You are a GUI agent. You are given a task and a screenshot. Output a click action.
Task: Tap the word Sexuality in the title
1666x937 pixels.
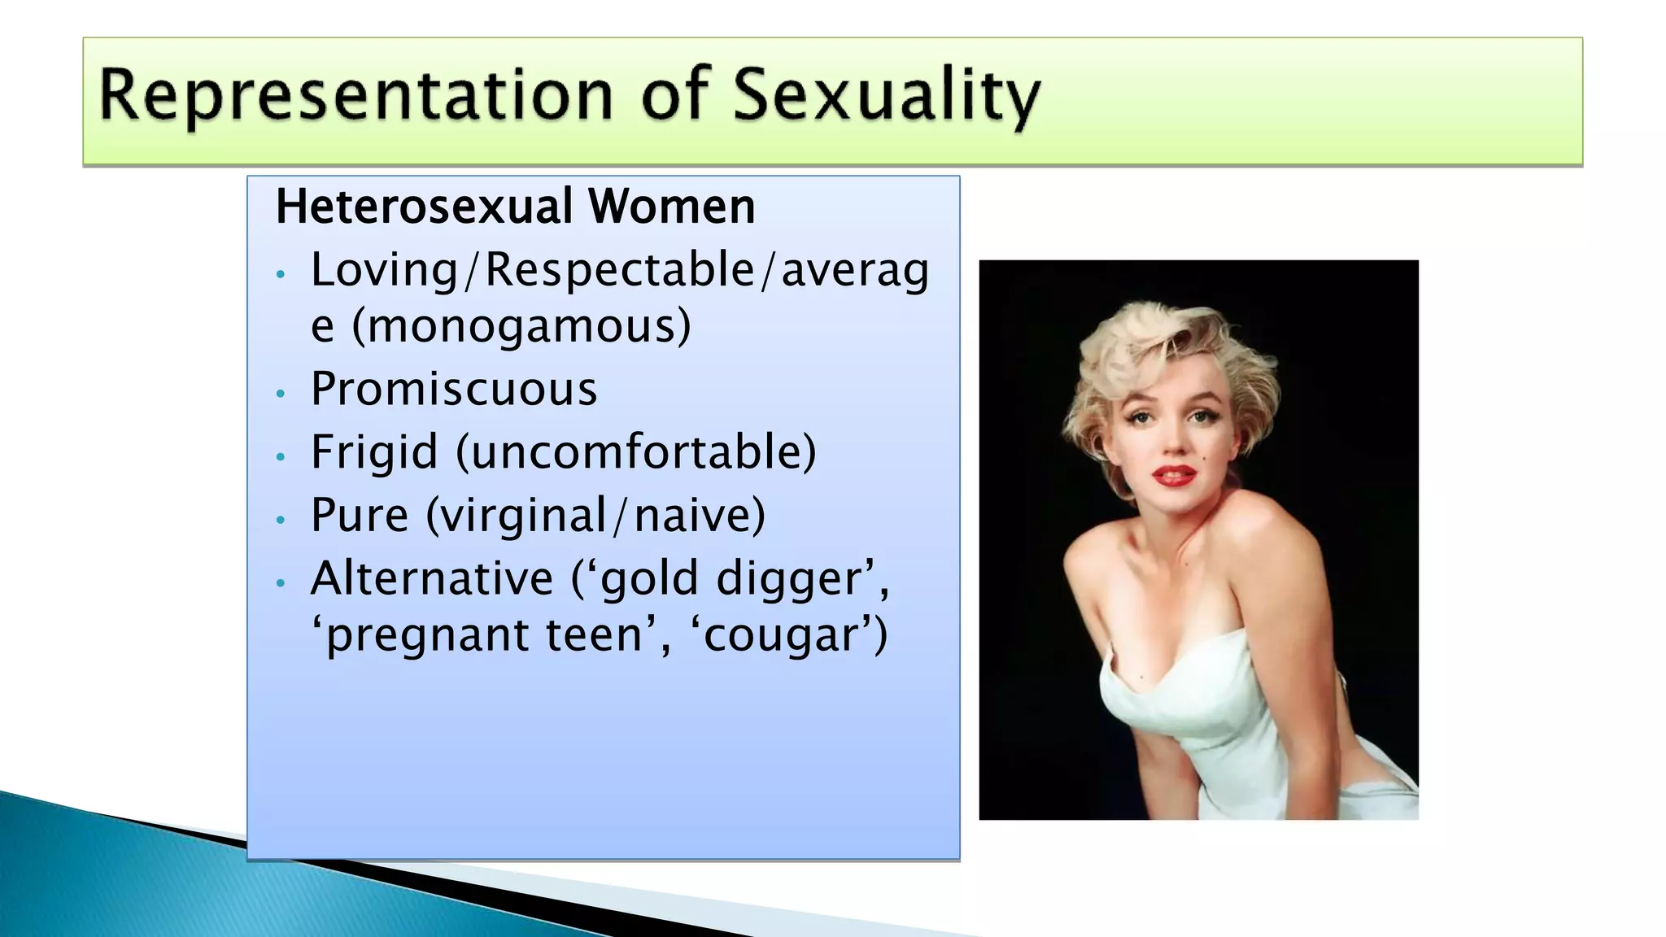click(x=886, y=96)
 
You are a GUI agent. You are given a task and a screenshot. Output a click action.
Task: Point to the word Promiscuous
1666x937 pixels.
click(x=454, y=389)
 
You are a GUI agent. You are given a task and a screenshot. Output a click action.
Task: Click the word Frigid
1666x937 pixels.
click(x=374, y=452)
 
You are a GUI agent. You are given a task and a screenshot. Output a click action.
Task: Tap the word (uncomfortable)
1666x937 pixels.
click(x=636, y=452)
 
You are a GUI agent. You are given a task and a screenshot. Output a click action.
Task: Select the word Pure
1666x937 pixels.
click(x=360, y=515)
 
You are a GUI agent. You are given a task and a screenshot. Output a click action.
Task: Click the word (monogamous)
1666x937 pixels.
click(x=521, y=325)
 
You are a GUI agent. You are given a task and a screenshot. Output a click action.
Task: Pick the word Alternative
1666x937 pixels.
click(x=432, y=578)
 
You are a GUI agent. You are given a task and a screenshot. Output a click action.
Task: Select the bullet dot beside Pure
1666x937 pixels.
click(x=281, y=520)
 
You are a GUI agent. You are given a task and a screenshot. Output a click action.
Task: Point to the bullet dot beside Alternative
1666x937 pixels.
click(x=281, y=583)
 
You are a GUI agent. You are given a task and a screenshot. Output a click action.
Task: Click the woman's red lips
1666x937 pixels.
click(x=1173, y=475)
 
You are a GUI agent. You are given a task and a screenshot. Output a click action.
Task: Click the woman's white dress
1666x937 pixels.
click(x=1204, y=716)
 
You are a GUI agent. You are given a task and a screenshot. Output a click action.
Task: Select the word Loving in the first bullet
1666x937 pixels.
click(x=385, y=270)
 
